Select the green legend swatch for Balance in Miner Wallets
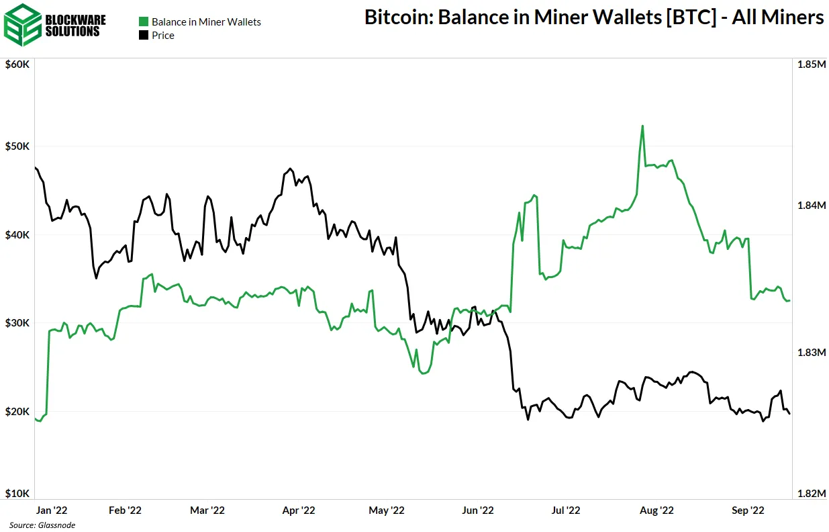[x=143, y=22]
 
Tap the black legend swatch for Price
[x=143, y=36]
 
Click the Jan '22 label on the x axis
[x=50, y=511]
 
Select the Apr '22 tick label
[x=299, y=511]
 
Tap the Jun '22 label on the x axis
[x=478, y=511]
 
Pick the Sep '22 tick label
[x=747, y=511]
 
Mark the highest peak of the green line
[x=642, y=126]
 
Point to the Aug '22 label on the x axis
[x=657, y=511]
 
